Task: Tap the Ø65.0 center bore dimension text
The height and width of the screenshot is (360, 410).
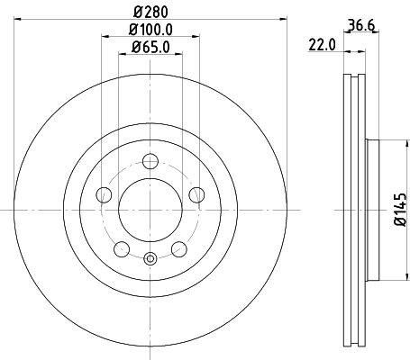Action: click(x=150, y=48)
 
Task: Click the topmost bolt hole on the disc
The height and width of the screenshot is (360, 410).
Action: click(x=150, y=162)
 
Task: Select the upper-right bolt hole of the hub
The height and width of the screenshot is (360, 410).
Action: click(x=196, y=194)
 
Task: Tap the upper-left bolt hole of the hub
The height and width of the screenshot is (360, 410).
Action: click(x=105, y=194)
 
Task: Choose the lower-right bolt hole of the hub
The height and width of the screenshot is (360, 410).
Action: click(x=178, y=248)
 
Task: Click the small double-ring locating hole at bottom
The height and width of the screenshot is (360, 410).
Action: click(x=150, y=260)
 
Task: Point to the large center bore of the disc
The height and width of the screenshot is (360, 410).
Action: click(x=150, y=210)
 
